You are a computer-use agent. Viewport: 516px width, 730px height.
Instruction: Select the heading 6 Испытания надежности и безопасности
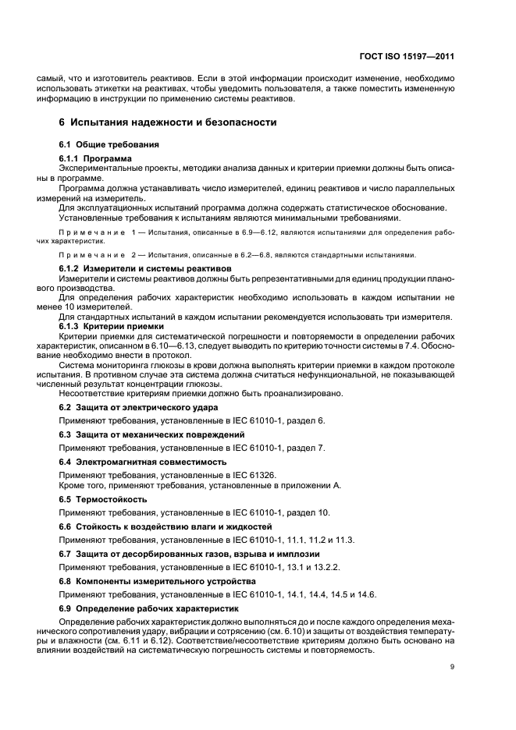tap(167, 122)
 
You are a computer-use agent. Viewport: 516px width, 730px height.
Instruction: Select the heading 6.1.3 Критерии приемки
tap(112, 326)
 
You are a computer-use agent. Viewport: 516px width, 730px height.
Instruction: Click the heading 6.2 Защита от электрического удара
tap(138, 407)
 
